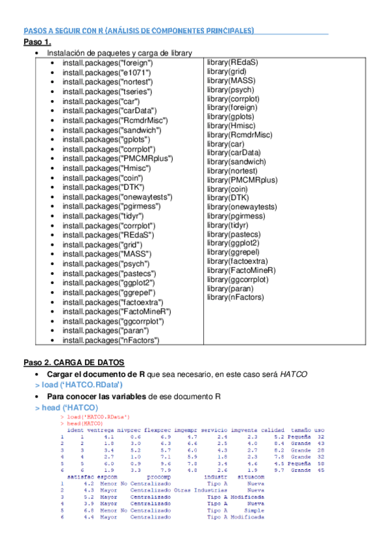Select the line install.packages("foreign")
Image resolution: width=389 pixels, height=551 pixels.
[x=107, y=63]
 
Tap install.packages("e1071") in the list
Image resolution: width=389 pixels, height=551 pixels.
[x=104, y=73]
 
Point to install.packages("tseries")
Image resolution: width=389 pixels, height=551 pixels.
[x=105, y=92]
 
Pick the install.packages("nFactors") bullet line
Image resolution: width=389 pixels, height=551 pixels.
[x=110, y=340]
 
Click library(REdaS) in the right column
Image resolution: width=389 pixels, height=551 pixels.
[x=232, y=62]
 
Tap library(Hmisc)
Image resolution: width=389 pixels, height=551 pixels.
[x=231, y=125]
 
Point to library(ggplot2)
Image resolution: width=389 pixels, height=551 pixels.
[x=233, y=242]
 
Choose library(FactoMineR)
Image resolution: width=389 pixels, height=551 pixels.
[x=241, y=270]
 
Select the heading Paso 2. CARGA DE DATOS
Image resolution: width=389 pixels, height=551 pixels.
[x=74, y=362]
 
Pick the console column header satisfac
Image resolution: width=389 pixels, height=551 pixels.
[x=79, y=476]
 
